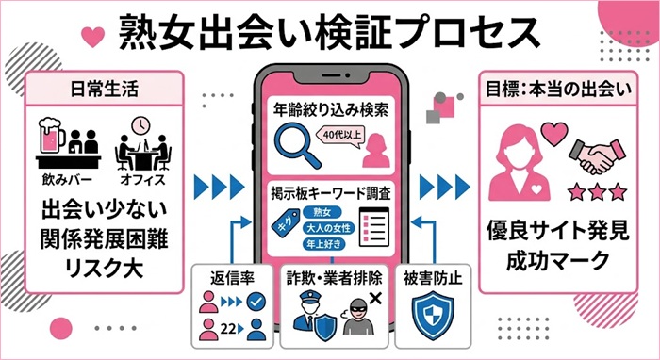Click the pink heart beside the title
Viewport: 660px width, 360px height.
(x=92, y=37)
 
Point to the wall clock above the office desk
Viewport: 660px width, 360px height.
(x=141, y=124)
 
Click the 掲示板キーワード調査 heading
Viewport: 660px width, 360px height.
(x=330, y=192)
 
